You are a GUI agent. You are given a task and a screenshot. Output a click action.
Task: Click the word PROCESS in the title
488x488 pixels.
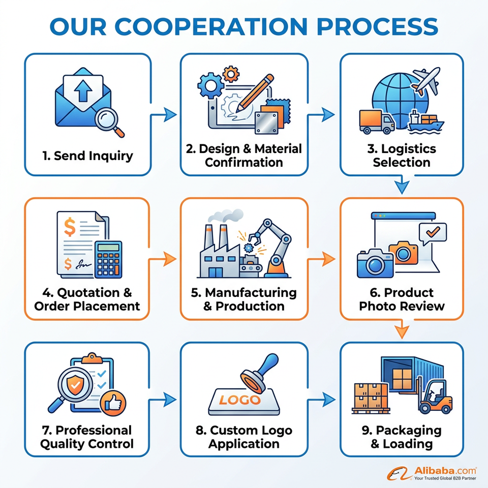pos(377,26)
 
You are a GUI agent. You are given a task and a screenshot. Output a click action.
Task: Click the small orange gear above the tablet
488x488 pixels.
pos(231,74)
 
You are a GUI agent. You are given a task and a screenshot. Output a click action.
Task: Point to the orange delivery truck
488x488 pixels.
pos(377,121)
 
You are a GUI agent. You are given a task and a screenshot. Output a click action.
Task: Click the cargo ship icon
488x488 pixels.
pos(425,123)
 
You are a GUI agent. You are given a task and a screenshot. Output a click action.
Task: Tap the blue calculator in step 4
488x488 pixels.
pos(108,260)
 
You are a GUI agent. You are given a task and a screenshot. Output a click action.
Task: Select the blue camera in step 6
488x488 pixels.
pos(375,263)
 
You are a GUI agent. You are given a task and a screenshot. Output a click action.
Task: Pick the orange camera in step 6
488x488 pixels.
pos(403,253)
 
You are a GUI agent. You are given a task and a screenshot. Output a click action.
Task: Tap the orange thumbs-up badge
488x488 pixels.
pos(113,403)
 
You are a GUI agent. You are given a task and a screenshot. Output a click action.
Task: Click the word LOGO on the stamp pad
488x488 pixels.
pos(239,400)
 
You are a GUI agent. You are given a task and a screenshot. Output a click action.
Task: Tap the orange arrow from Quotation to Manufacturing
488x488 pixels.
pos(163,259)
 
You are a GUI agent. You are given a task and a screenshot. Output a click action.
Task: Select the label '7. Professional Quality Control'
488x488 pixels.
pos(87,437)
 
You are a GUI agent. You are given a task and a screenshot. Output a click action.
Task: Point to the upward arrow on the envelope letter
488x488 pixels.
pos(83,90)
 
